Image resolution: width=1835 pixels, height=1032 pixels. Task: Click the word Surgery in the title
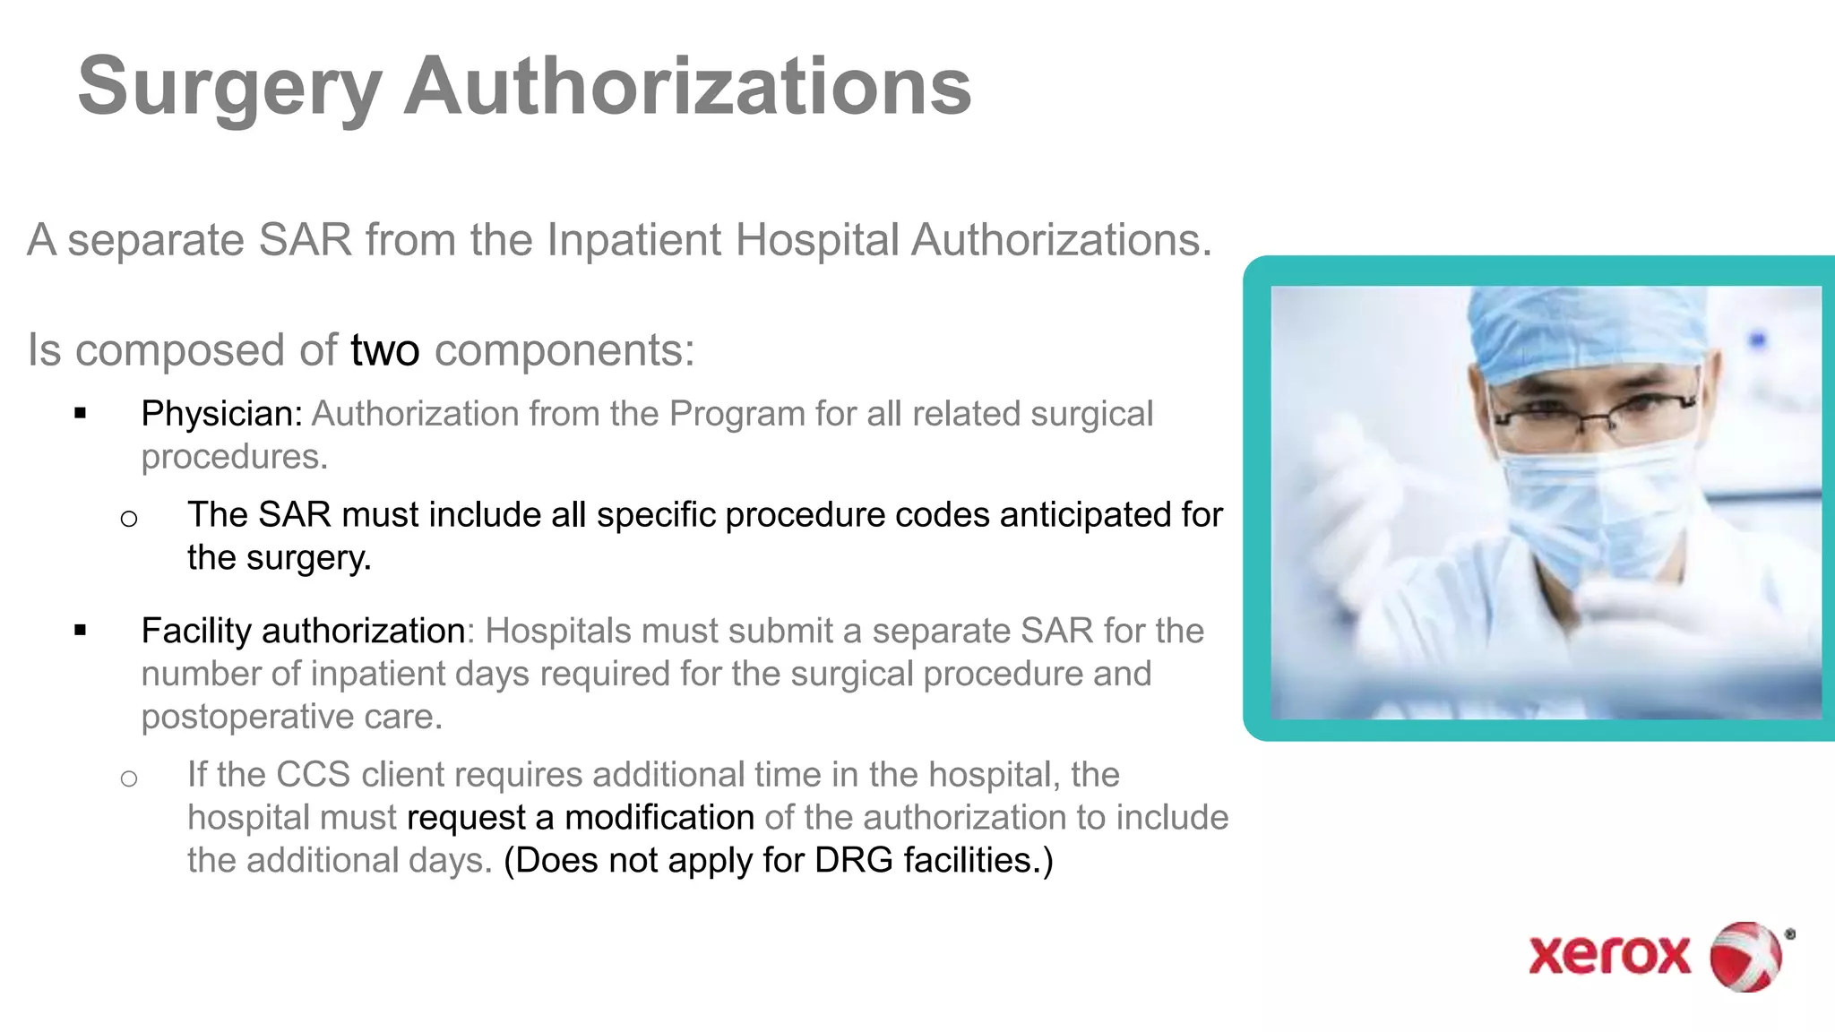click(229, 88)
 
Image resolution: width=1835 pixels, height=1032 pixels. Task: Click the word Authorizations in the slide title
click(687, 86)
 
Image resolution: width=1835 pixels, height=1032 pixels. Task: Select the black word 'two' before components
click(384, 350)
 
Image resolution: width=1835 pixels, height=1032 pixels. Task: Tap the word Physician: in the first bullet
click(221, 414)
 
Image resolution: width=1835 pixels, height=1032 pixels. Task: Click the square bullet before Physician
click(81, 414)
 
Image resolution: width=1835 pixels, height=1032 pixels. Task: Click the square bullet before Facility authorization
click(81, 631)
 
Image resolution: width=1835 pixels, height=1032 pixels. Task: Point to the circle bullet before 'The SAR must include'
click(129, 519)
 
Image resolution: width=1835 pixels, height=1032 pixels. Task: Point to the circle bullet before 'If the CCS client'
click(129, 778)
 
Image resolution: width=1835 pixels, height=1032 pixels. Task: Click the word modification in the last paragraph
click(659, 817)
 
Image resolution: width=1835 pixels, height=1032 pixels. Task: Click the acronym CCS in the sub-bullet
click(313, 774)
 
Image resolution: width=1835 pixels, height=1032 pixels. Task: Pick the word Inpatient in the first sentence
click(633, 240)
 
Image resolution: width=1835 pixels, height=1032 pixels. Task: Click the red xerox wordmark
click(1609, 955)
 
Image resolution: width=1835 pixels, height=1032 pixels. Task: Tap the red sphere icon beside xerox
click(1745, 956)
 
